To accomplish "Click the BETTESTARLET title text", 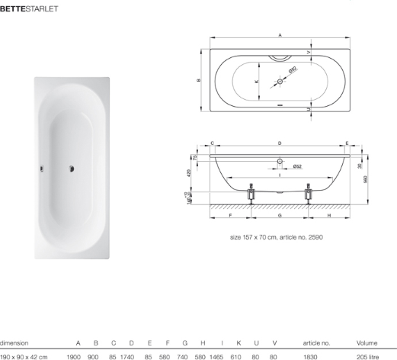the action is coord(29,9).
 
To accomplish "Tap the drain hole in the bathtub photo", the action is coord(72,169).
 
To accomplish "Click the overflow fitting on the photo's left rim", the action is coord(41,169).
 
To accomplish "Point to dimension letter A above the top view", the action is coord(280,35).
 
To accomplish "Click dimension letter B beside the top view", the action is coord(199,80).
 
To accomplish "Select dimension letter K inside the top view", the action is coord(257,82).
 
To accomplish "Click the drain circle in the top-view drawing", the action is coord(280,82).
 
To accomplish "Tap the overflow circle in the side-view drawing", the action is coord(280,161).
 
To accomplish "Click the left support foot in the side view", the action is coord(251,194).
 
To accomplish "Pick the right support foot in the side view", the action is coord(309,194).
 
